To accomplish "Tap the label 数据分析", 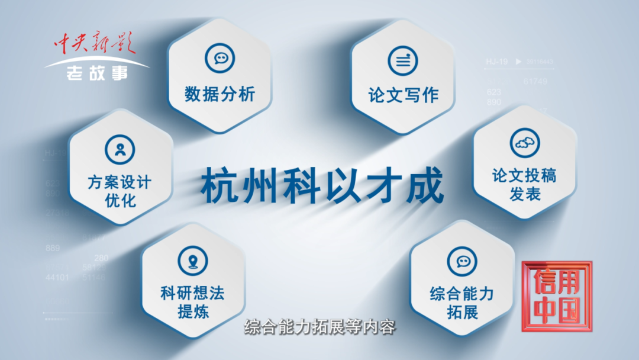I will pos(220,94).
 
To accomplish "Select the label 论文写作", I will pos(403,95).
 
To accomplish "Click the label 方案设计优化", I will pos(120,191).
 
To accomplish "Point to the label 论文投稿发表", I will pos(524,185).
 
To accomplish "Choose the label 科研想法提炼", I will pos(193,302).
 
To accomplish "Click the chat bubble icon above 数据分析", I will pos(220,58).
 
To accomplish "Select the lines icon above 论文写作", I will pos(403,60).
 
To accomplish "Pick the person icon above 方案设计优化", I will pos(120,148).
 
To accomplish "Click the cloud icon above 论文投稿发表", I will pos(524,143).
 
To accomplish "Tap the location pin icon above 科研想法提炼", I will pos(193,261).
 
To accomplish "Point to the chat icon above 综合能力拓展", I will pos(462,261).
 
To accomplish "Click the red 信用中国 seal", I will pos(555,295).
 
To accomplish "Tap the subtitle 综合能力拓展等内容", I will pos(319,327).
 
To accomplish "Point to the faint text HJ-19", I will pos(497,61).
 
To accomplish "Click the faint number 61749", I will pos(535,81).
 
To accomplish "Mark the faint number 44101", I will pos(57,277).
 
